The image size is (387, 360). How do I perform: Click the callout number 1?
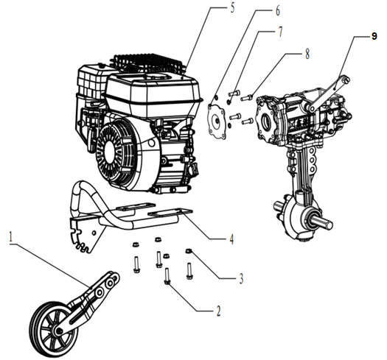pos(10,238)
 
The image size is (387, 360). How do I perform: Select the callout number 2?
pos(218,311)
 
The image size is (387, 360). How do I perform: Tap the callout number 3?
pos(241,278)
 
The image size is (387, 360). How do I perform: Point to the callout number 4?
pos(231,239)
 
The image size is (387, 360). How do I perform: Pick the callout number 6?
pos(277,10)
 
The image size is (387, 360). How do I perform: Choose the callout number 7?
pos(280,32)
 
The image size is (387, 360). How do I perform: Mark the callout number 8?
pos(307,53)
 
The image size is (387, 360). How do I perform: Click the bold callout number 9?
pos(374,37)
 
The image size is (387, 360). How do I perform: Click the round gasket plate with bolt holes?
pos(217,121)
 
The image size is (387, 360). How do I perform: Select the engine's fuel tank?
pos(153,90)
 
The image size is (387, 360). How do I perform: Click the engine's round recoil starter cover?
pos(116,149)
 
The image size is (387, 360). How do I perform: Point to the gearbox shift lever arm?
pos(329,93)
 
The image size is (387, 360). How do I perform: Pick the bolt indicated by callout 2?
pos(167,277)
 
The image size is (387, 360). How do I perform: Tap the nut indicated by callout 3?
pos(189,251)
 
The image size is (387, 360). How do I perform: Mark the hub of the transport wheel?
pos(58,331)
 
